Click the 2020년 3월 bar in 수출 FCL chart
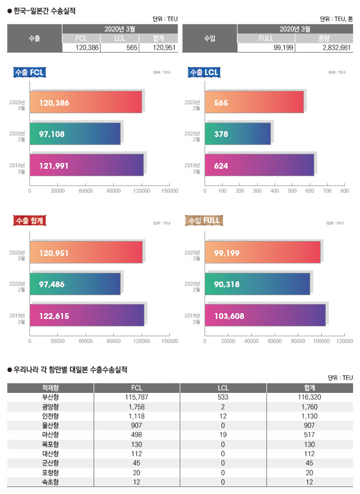tap(86, 103)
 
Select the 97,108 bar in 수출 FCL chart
tap(75, 134)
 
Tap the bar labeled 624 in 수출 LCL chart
tap(259, 165)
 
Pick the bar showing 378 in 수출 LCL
tap(237, 134)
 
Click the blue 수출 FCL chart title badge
tap(29, 72)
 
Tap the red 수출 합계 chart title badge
tap(29, 220)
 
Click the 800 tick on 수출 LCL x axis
tap(344, 190)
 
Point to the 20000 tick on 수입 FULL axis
tap(228, 341)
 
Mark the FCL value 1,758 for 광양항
tap(136, 407)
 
